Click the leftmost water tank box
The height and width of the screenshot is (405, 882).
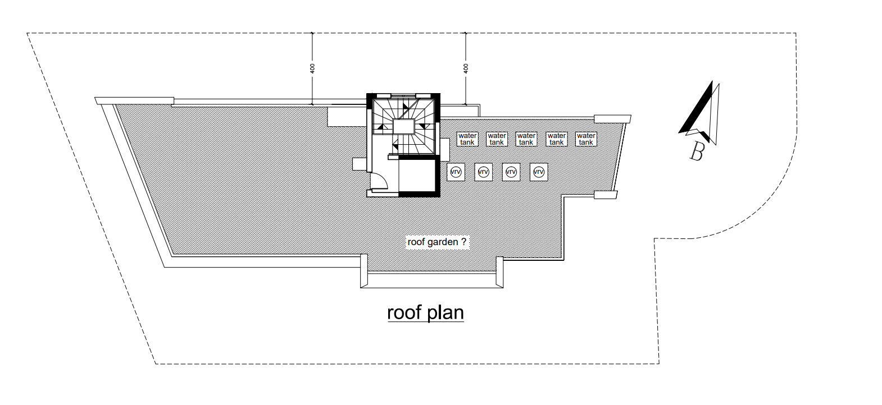467,139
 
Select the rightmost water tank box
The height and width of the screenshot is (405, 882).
586,139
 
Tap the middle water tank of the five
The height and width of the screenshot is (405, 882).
526,139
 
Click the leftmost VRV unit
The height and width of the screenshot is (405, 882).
456,172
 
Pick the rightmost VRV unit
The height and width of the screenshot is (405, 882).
539,172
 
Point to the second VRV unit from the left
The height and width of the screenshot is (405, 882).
484,172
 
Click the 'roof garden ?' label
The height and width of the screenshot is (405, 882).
437,242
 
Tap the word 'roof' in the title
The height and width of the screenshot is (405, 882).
404,312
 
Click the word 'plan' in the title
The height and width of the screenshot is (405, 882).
445,314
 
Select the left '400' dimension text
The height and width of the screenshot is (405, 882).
313,68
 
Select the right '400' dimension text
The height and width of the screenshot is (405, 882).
466,68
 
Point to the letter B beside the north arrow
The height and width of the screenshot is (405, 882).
697,151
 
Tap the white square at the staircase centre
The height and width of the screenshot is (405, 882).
403,127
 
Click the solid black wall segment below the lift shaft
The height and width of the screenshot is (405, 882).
419,194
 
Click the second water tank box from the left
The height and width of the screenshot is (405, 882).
497,139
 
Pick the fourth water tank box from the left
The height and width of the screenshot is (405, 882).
556,139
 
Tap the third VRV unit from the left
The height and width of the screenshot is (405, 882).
511,172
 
